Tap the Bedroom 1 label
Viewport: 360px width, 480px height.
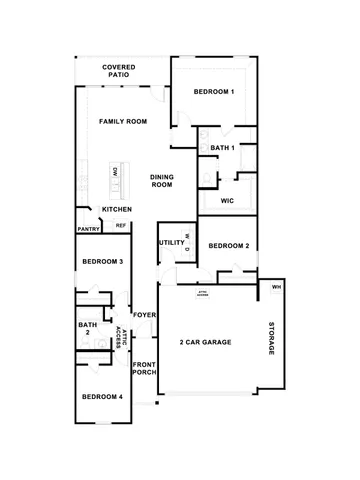click(214, 93)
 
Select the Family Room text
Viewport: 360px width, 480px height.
click(123, 121)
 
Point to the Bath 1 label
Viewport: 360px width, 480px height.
click(222, 149)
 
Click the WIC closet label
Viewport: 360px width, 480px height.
click(227, 201)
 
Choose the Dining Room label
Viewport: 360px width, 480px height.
click(163, 180)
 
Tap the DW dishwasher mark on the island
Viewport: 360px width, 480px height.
click(116, 174)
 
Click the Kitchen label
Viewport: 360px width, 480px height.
click(117, 209)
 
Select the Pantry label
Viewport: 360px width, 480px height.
click(88, 228)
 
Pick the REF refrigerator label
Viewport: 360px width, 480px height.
click(121, 226)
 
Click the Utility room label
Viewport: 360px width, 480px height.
click(170, 243)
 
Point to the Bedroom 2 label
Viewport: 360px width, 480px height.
click(228, 245)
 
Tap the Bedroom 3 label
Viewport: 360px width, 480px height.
click(102, 262)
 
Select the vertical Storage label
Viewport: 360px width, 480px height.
click(270, 341)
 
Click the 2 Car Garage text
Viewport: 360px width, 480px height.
click(206, 343)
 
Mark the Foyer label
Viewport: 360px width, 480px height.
click(144, 315)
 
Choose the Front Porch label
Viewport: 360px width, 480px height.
click(145, 368)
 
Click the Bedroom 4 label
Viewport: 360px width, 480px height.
click(102, 397)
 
